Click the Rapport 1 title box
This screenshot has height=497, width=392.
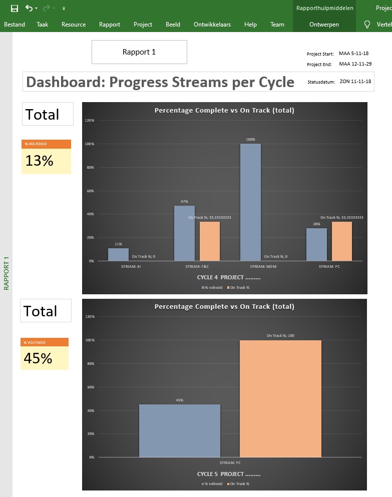[x=139, y=52]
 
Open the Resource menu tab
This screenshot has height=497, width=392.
[x=74, y=25]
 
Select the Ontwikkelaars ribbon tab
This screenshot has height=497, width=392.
[x=212, y=25]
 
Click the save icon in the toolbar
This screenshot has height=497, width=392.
[x=15, y=8]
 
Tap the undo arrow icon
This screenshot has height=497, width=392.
[x=29, y=8]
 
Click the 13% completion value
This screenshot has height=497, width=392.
[x=40, y=161]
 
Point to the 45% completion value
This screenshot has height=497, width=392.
[x=38, y=358]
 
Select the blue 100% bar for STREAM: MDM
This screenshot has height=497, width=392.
[x=250, y=202]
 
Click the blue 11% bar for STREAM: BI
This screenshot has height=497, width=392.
[x=118, y=254]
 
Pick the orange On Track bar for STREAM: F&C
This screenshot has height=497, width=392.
[x=210, y=241]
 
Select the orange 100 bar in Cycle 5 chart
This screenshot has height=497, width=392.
[x=280, y=398]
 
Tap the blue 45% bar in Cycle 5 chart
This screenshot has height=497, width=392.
[x=179, y=430]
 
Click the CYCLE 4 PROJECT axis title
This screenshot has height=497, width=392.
[x=229, y=277]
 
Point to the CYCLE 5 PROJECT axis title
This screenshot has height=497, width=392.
[x=229, y=474]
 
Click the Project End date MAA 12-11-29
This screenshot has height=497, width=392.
[x=355, y=64]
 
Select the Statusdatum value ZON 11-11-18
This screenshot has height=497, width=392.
[x=355, y=82]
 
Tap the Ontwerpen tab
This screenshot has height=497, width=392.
[x=324, y=25]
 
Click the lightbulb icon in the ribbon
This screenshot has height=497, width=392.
[x=367, y=25]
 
